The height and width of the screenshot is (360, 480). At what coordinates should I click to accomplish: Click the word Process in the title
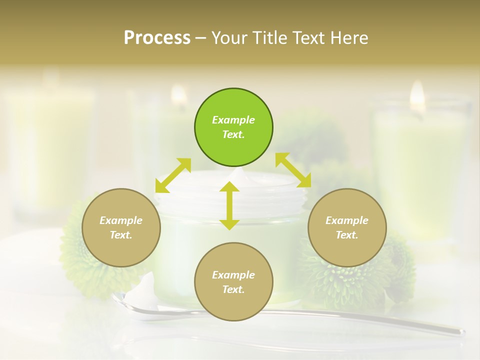click(157, 38)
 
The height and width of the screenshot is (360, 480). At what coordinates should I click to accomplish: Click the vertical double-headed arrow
click(229, 205)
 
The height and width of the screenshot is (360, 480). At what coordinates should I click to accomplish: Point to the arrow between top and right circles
click(293, 170)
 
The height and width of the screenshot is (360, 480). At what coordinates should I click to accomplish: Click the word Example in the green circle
click(233, 120)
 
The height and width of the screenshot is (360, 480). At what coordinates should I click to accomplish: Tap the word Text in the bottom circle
click(233, 289)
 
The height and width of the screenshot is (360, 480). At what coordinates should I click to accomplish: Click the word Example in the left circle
click(121, 220)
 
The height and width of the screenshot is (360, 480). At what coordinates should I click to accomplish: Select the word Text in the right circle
click(346, 235)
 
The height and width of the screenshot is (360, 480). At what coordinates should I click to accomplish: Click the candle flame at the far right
click(417, 95)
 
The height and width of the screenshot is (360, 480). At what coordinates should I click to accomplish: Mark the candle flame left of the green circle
click(178, 95)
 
